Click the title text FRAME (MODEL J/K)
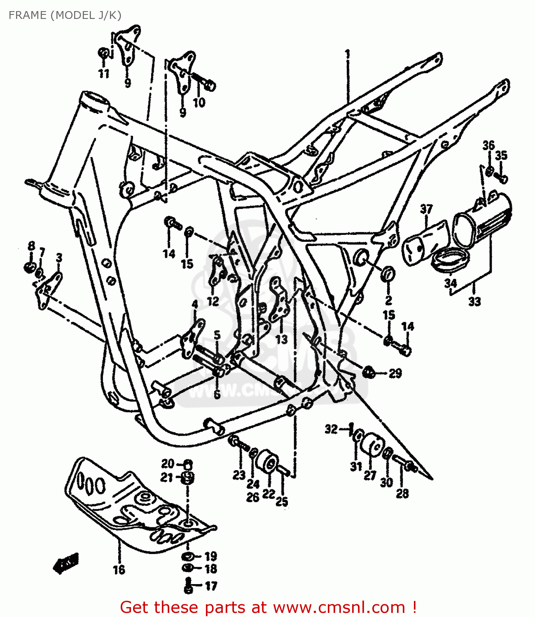(x=65, y=15)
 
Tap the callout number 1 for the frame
(x=348, y=54)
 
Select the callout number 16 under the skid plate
(x=119, y=570)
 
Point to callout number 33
(x=474, y=302)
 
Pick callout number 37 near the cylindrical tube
(x=426, y=209)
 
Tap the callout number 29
(x=395, y=373)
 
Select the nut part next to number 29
(x=369, y=372)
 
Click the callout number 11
(x=104, y=74)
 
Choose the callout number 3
(x=59, y=258)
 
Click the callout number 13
(x=281, y=339)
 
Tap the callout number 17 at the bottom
(x=211, y=586)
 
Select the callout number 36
(x=488, y=145)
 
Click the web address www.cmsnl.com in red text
(x=339, y=607)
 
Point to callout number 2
(x=388, y=300)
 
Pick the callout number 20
(x=168, y=464)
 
